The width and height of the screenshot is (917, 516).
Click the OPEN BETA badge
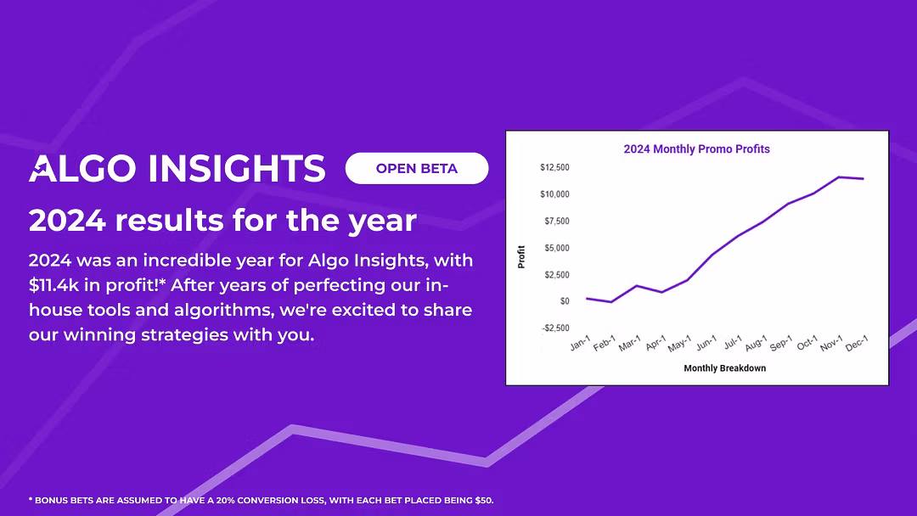[417, 168]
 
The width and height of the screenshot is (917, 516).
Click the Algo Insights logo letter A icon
[42, 168]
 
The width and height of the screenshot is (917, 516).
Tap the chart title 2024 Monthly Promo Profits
[696, 149]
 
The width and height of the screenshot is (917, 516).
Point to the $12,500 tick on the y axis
[554, 167]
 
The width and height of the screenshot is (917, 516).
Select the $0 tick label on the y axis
[565, 301]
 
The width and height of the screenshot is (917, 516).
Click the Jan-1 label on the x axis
[581, 345]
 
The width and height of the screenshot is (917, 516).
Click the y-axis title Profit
[521, 256]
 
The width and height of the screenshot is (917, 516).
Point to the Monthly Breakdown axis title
[725, 368]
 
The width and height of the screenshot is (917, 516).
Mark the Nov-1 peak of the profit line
[839, 177]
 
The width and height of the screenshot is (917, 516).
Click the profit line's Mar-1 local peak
[637, 286]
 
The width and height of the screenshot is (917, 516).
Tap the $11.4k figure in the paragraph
[56, 285]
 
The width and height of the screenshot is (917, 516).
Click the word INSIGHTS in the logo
[236, 168]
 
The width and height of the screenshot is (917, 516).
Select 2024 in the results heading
[67, 221]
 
